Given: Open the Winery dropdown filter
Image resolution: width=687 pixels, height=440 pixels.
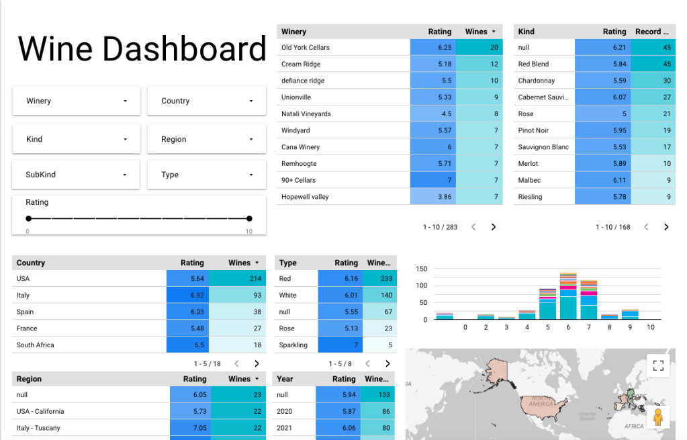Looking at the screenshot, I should pyautogui.click(x=76, y=101).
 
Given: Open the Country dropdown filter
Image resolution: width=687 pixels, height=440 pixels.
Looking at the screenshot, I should pyautogui.click(x=207, y=101).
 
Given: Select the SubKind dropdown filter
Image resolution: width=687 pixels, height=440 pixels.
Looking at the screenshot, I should pyautogui.click(x=76, y=175).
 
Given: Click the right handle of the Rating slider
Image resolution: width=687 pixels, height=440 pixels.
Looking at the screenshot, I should pyautogui.click(x=249, y=218).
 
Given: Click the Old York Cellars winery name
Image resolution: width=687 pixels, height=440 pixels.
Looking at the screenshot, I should pyautogui.click(x=306, y=48).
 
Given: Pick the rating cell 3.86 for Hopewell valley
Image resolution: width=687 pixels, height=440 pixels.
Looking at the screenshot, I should pyautogui.click(x=432, y=197).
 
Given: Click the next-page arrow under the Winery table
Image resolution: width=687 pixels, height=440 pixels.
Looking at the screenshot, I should pyautogui.click(x=494, y=227).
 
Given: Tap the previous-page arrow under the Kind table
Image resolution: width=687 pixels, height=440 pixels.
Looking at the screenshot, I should pyautogui.click(x=646, y=227).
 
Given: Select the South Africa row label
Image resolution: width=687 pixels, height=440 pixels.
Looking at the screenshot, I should pyautogui.click(x=35, y=345).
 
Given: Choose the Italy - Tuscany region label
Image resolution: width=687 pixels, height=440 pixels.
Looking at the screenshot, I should pyautogui.click(x=38, y=428).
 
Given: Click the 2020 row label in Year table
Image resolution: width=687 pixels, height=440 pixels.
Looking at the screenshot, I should pyautogui.click(x=285, y=411).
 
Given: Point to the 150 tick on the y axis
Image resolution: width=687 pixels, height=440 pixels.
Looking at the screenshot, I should pyautogui.click(x=422, y=269).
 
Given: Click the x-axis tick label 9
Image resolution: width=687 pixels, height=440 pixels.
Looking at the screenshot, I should pyautogui.click(x=629, y=327).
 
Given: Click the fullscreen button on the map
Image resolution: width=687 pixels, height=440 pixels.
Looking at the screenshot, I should pyautogui.click(x=658, y=365).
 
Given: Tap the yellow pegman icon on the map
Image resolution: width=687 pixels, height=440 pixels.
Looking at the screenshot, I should pyautogui.click(x=658, y=416).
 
